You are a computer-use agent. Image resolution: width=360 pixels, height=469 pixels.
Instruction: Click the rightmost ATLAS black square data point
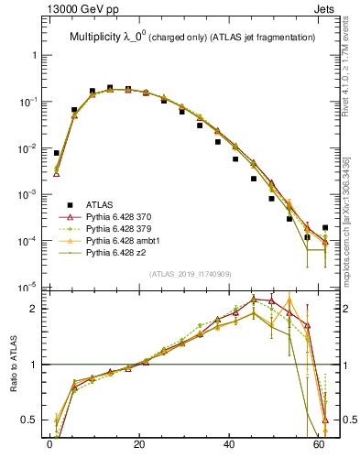(x=325, y=227)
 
